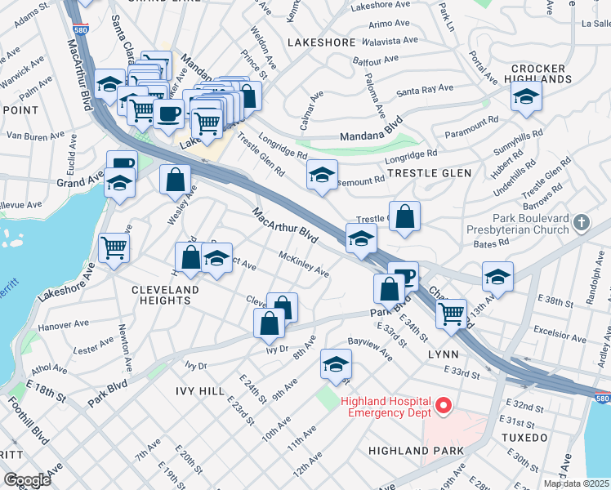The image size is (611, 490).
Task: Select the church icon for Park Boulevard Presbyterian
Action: pos(581,222)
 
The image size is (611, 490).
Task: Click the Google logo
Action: pos(27,479)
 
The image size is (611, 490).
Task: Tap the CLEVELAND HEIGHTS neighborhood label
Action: pos(166,296)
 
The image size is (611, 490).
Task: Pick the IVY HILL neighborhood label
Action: pos(200,391)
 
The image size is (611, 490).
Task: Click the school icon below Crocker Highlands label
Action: pos(527,97)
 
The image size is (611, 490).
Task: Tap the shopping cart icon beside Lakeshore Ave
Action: pos(114,247)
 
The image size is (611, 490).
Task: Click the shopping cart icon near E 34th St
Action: pos(451,314)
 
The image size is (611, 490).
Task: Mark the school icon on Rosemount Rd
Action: pos(323,176)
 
